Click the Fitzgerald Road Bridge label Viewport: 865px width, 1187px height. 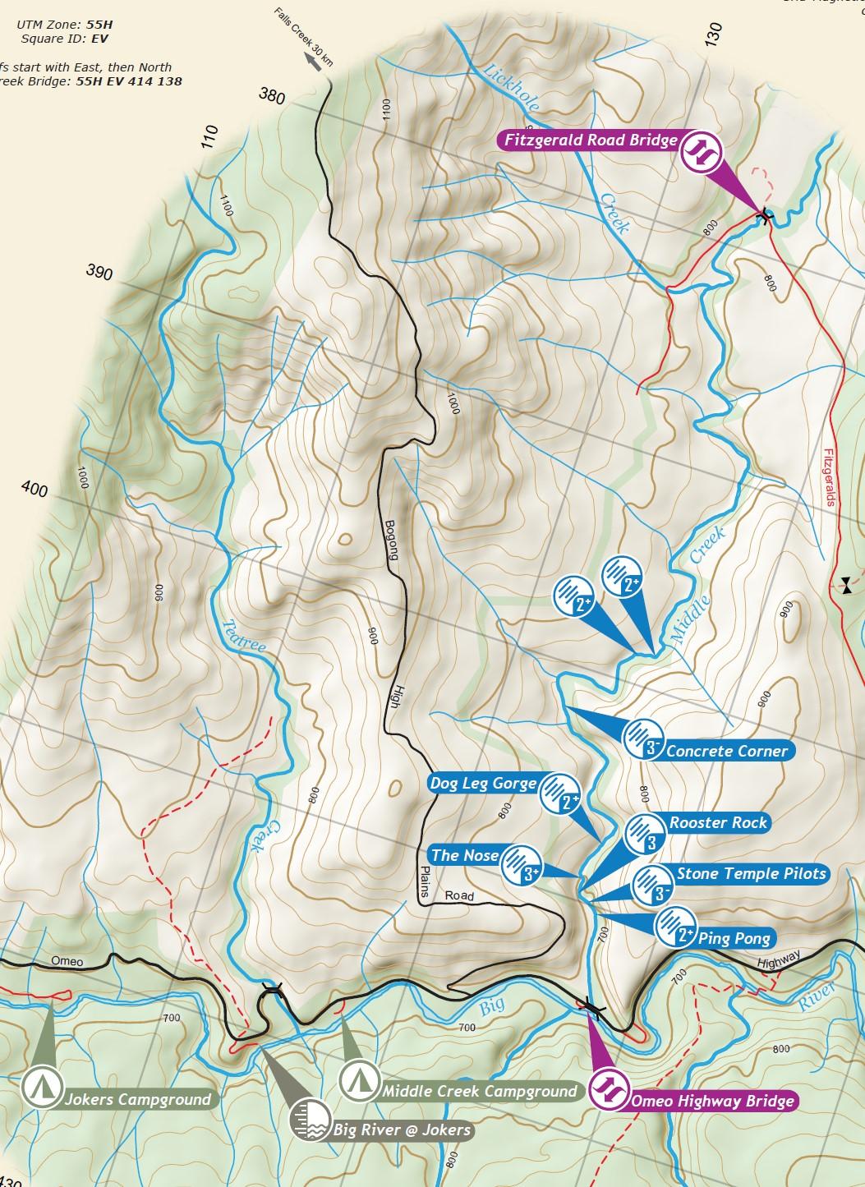coord(591,140)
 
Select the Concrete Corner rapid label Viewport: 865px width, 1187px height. coord(726,751)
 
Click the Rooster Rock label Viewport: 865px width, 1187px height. coord(718,823)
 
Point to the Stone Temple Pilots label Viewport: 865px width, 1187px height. coord(751,874)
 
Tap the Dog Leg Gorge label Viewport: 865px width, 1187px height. coord(483,784)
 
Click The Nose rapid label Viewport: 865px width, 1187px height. coord(464,855)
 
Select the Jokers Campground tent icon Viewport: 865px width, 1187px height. coord(38,1086)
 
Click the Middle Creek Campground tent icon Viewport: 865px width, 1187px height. coord(358,1079)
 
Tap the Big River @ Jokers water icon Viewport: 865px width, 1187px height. coord(309,1119)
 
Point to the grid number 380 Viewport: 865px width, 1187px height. coord(272,98)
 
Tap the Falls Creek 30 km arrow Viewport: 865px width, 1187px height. coord(312,58)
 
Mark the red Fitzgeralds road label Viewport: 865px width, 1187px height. coord(829,476)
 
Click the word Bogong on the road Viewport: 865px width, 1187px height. coord(390,537)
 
